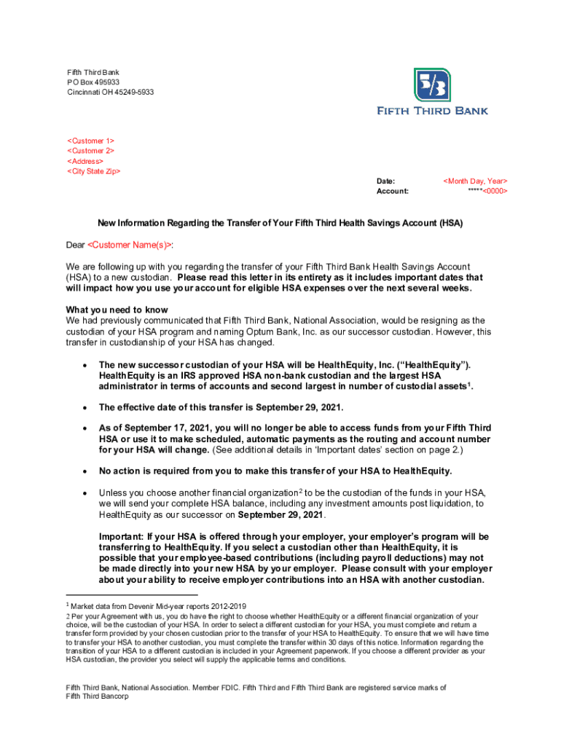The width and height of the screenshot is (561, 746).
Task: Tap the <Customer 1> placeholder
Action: (x=91, y=141)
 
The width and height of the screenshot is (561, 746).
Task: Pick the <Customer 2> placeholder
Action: (x=91, y=151)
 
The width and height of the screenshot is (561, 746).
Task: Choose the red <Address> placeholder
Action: (x=85, y=161)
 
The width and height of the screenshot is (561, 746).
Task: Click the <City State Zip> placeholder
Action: (x=94, y=171)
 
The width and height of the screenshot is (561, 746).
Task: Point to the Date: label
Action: (x=385, y=181)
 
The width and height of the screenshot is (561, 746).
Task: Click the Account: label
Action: (x=392, y=191)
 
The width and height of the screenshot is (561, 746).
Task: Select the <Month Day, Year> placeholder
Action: (x=475, y=181)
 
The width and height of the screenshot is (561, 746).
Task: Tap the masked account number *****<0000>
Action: (x=487, y=191)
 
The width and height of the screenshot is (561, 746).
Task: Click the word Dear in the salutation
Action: (x=75, y=245)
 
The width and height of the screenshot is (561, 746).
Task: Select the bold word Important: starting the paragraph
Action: (x=120, y=537)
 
